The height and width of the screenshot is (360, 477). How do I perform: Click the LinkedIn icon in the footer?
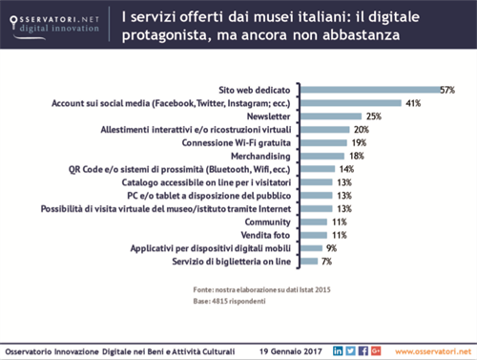pyautogui.click(x=338, y=350)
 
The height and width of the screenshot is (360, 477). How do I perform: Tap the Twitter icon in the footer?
pyautogui.click(x=351, y=350)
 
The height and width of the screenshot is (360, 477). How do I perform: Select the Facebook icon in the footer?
pyautogui.click(x=363, y=350)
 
